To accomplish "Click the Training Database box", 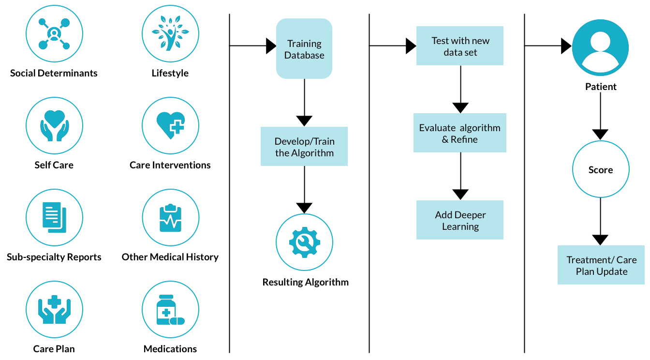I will [304, 49].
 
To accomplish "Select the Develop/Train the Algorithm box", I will [304, 147].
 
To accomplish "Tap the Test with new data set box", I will [459, 46].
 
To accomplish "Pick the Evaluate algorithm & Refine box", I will [459, 133].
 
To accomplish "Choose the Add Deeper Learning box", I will [459, 220].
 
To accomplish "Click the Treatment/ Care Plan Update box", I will [601, 265].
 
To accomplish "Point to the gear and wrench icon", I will [304, 242].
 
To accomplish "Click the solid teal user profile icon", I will [600, 48].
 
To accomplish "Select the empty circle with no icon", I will [601, 169].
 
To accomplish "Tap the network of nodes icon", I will [54, 33].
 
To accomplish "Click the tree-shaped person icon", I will [170, 33].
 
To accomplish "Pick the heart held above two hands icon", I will [54, 125].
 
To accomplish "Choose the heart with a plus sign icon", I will [170, 125].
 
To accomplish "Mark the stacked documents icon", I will [54, 217].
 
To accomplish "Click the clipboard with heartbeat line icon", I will [170, 217].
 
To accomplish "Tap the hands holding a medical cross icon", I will [54, 309].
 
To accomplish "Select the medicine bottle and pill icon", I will [170, 309].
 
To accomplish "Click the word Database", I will [304, 55].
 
